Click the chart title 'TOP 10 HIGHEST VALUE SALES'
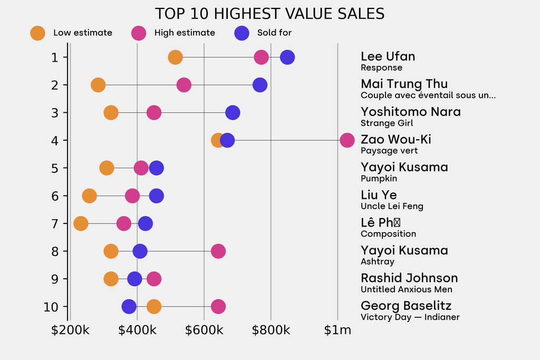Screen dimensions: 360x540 pos(269,14)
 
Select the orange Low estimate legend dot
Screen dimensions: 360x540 pos(37,33)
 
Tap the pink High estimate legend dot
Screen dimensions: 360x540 pos(139,33)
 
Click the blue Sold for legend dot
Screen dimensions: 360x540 pos(242,33)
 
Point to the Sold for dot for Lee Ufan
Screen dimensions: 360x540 pos(287,57)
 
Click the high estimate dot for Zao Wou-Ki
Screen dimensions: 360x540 pos(347,140)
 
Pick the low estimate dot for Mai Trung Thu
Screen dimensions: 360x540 pos(98,85)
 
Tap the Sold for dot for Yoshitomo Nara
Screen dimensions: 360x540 pos(233,112)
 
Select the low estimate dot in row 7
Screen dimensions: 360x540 pos(81,223)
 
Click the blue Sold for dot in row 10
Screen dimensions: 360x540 pos(129,306)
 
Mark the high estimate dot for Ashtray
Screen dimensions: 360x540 pos(218,251)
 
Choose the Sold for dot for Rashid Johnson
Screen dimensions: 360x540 pos(135,279)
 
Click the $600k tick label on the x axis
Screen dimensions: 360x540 pos(204,330)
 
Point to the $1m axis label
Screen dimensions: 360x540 pos(337,330)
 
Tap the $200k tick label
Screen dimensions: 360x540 pos(70,330)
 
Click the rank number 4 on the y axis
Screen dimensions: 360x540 pos(55,140)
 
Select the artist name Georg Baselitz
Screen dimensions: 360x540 pos(406,306)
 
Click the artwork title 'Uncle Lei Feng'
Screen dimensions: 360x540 pos(392,206)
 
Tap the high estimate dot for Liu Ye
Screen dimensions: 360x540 pos(132,196)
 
